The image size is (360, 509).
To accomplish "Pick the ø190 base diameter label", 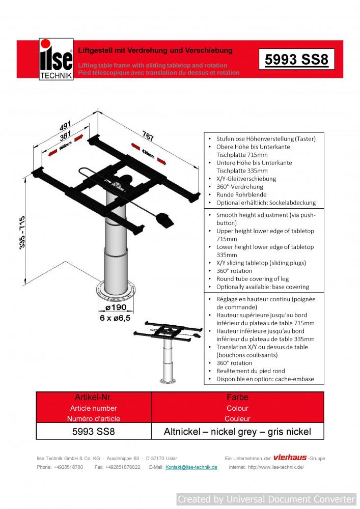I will (116, 308).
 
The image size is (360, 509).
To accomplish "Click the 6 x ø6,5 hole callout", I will (116, 318).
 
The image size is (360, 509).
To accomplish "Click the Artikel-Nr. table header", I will (94, 397).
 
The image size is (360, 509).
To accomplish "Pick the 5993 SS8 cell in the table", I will (94, 432).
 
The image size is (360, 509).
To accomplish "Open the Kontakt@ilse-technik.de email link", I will (191, 467).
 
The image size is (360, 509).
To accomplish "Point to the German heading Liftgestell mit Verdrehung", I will (155, 50).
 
